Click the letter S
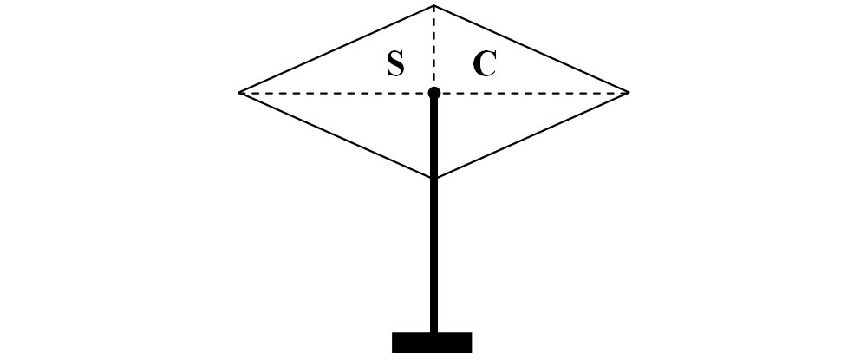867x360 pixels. coord(395,63)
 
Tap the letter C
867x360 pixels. coord(485,63)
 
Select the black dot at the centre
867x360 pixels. coord(434,92)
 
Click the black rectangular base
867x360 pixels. coord(432,343)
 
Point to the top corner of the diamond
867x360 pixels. coord(433,5)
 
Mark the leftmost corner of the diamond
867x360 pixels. coord(239,92)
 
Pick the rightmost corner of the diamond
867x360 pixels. coord(629,92)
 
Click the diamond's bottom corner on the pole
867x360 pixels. coord(434,178)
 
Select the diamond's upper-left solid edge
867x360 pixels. coord(336,49)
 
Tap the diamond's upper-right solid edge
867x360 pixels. coord(531,49)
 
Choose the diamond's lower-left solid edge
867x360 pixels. coord(336,135)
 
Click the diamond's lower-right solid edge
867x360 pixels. coord(531,135)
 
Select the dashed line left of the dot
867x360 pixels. coord(335,93)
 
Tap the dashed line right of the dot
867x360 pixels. coord(534,93)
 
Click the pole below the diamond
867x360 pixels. coord(434,256)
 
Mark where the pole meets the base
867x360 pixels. coord(434,332)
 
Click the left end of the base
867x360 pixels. coord(393,343)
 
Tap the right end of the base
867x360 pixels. coord(471,343)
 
